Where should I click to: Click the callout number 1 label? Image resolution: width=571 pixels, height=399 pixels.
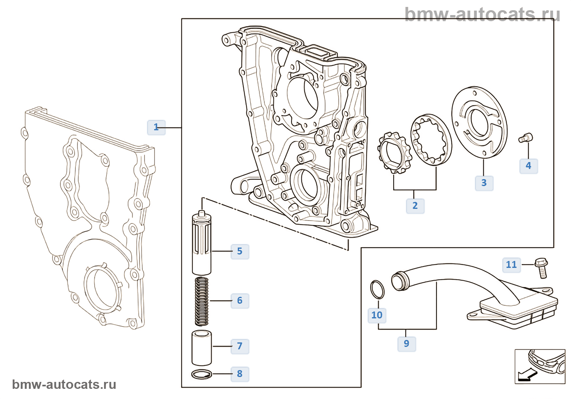click(x=156, y=127)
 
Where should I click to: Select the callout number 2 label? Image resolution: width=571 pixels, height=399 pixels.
click(x=415, y=206)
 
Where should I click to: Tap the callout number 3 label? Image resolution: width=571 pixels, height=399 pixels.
click(x=484, y=183)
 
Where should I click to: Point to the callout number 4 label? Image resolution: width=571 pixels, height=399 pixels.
click(x=529, y=166)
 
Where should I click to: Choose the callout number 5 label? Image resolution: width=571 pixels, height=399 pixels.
click(x=240, y=252)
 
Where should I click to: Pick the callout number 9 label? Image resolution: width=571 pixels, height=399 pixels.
click(x=407, y=344)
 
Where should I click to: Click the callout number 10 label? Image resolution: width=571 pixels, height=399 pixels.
click(x=377, y=316)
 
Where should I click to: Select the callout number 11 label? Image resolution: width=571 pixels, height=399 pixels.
click(x=511, y=265)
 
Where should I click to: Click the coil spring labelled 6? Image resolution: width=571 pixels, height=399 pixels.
click(x=201, y=301)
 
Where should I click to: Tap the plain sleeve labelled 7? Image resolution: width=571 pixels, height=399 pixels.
click(x=201, y=348)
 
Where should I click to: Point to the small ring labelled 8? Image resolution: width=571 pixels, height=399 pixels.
click(x=201, y=374)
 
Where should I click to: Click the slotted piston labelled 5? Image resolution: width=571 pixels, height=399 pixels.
click(x=201, y=243)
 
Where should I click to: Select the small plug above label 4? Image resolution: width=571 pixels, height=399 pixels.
click(x=526, y=138)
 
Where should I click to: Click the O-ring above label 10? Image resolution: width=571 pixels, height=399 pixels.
click(x=377, y=289)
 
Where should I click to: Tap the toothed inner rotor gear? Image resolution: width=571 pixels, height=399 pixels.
click(x=394, y=153)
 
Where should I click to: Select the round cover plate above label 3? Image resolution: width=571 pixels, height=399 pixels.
click(x=480, y=122)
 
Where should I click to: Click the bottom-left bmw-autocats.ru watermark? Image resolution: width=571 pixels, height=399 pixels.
click(x=64, y=384)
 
